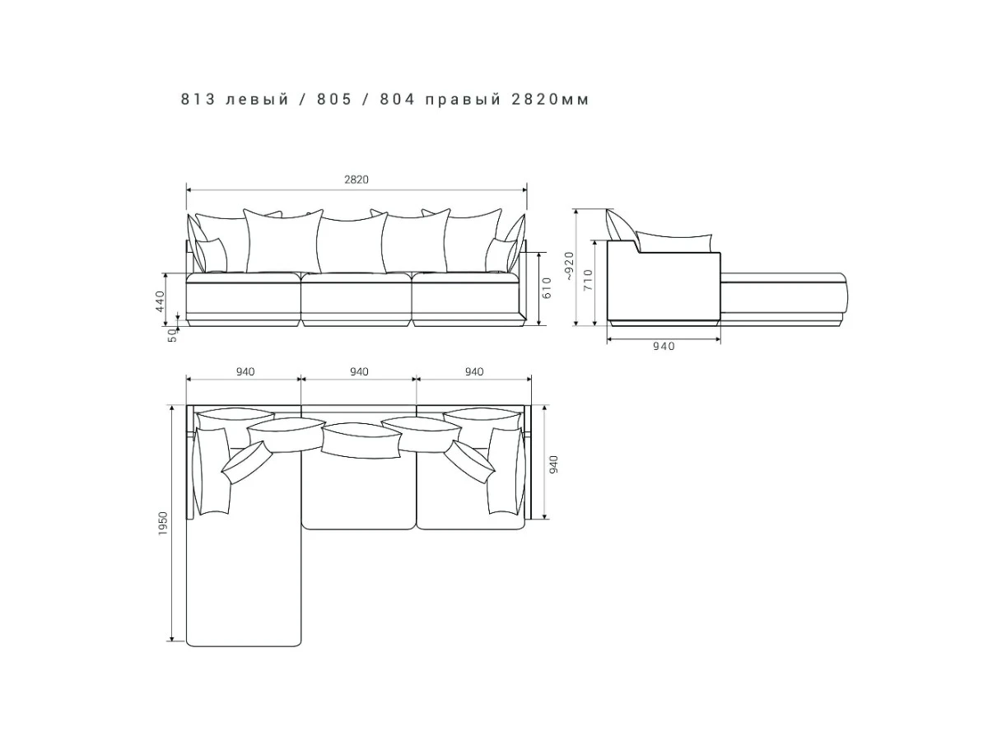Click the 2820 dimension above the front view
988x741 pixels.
[356, 180]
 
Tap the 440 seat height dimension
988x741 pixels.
[161, 301]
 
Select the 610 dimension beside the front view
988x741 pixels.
[547, 287]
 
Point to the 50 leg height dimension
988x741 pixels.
[172, 335]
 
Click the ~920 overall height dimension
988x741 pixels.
[570, 266]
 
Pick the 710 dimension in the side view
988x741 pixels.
[589, 280]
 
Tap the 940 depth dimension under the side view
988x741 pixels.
[664, 346]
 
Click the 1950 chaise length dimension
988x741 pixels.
[163, 524]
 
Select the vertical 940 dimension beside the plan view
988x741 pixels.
[553, 464]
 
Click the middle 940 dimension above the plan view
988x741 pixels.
[359, 371]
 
